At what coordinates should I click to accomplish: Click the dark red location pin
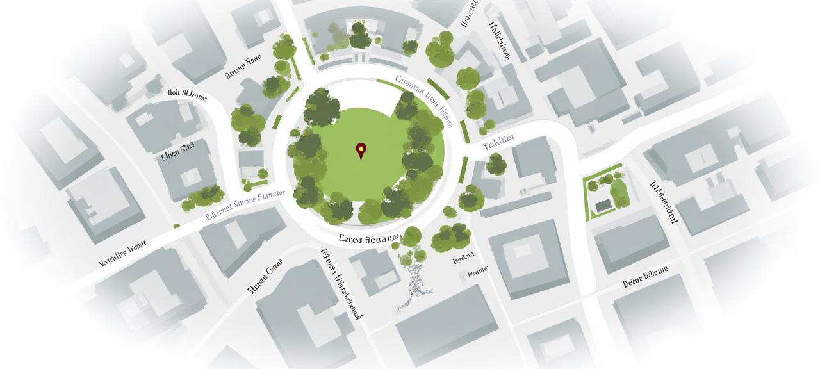pos(361,151)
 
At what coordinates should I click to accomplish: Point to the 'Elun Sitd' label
pos(177,154)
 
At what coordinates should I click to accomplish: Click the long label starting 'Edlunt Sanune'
pos(245,205)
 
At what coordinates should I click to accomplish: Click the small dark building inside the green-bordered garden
pos(603,206)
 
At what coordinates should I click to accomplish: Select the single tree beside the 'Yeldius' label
pos(496,164)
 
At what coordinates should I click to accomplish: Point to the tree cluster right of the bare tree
pos(451,238)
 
